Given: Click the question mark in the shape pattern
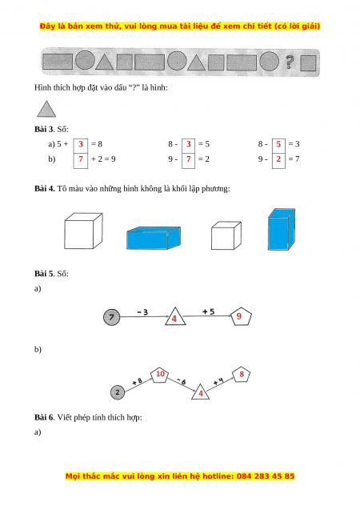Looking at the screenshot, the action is click(290, 62).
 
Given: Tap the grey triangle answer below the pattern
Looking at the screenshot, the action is click(46, 109).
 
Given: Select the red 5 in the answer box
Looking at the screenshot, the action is click(278, 144).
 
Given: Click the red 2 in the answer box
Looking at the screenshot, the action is click(278, 159).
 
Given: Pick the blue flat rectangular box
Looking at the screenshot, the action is click(154, 238).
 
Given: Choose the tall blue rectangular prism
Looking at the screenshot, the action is click(282, 229).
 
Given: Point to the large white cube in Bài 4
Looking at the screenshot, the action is click(83, 231).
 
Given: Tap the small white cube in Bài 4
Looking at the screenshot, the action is click(226, 235).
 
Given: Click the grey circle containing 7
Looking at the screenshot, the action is click(111, 317).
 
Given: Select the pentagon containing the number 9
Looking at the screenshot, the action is click(241, 316).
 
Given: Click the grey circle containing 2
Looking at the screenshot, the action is click(118, 392).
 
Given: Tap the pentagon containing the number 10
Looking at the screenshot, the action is click(160, 375).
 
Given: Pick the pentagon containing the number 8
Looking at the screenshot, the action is click(241, 375).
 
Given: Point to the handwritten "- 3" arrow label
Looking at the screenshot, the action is click(142, 312).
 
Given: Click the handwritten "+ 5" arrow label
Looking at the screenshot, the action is click(208, 311).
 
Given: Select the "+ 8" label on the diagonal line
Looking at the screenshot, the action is click(137, 381).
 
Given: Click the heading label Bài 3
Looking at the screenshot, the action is click(44, 129).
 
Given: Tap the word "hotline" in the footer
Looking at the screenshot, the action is click(218, 476).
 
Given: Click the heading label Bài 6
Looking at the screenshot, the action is click(44, 417).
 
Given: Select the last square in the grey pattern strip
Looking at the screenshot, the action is click(308, 63).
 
